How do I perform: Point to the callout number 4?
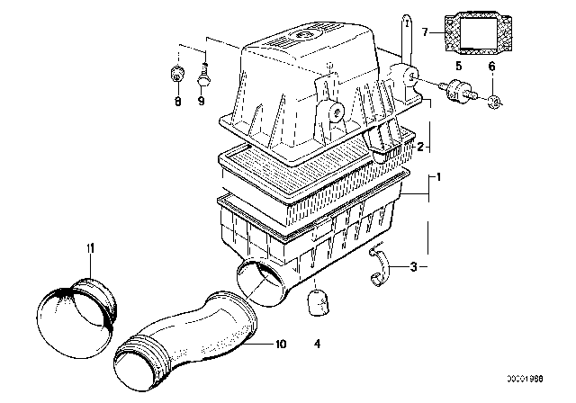tap(317, 342)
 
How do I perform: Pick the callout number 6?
tap(491, 67)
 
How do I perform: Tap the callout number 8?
tap(177, 103)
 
